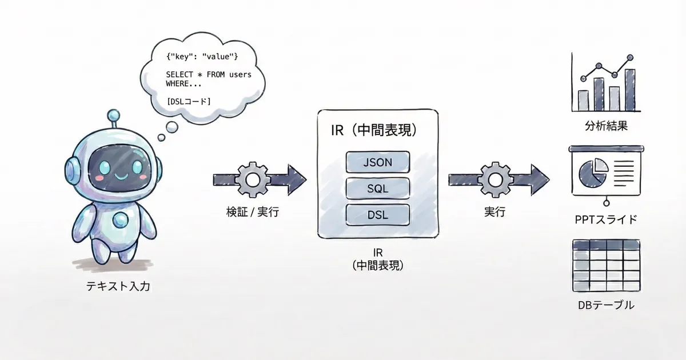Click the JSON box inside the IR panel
click(x=378, y=162)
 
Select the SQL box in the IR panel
click(x=378, y=188)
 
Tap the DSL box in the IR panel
click(x=378, y=214)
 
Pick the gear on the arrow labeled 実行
click(x=494, y=179)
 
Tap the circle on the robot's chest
click(x=120, y=220)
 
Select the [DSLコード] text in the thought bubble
click(x=189, y=101)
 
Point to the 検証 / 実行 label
click(x=252, y=212)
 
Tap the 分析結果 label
click(x=607, y=126)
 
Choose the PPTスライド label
click(x=606, y=219)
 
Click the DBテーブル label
click(x=607, y=305)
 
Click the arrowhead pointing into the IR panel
click(x=297, y=179)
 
